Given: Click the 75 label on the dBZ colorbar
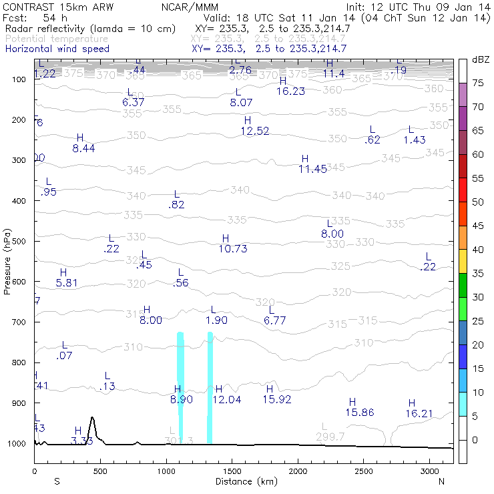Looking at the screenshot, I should pyautogui.click(x=477, y=83).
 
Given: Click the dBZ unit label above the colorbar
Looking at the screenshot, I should pyautogui.click(x=480, y=59).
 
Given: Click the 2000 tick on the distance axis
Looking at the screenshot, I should pyautogui.click(x=298, y=471).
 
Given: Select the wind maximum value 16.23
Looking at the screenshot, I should pyautogui.click(x=290, y=91).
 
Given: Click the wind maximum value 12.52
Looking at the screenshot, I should pyautogui.click(x=255, y=132).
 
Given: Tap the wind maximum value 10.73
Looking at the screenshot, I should pyautogui.click(x=233, y=249).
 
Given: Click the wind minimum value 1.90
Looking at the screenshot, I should pyautogui.click(x=216, y=320).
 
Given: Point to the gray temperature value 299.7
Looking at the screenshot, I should pyautogui.click(x=330, y=437).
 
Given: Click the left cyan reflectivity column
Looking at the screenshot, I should pyautogui.click(x=180, y=387).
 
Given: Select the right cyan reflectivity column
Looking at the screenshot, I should pyautogui.click(x=210, y=387).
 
